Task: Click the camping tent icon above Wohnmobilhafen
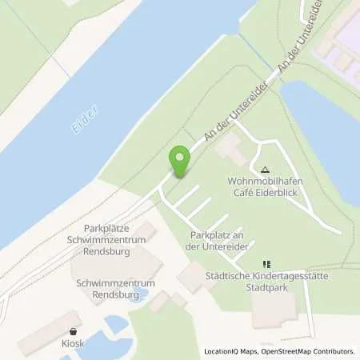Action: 266,170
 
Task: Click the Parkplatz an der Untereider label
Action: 222,241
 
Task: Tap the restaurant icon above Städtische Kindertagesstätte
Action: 267,264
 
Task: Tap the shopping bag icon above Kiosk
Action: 74,330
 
